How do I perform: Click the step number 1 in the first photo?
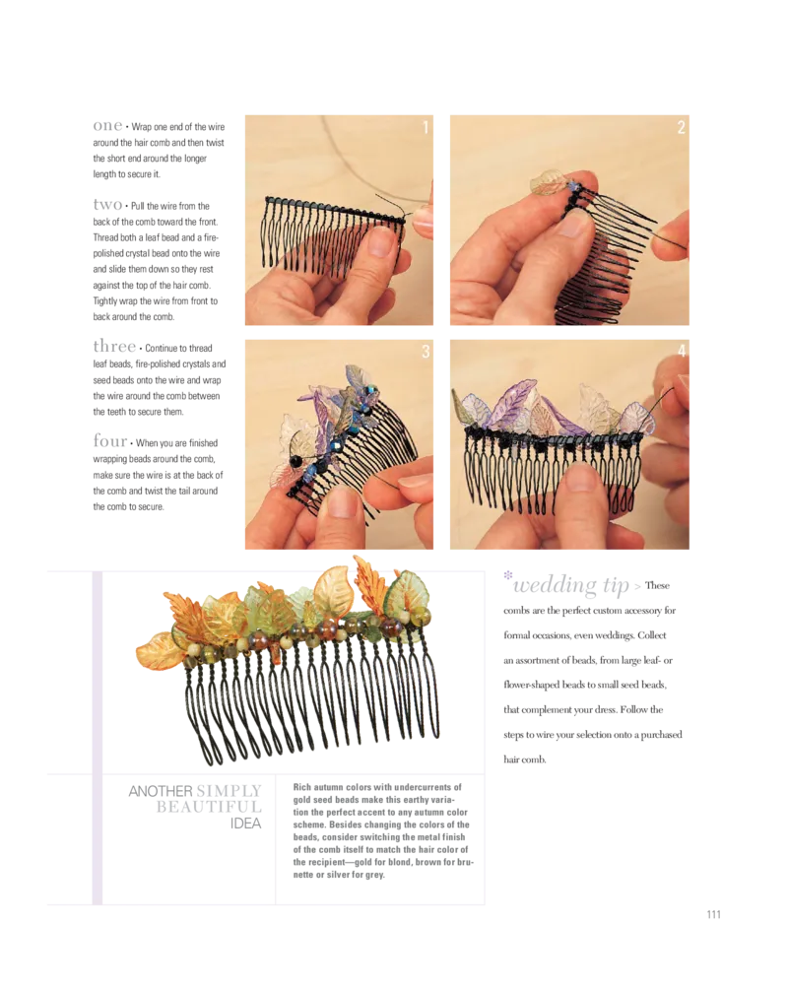426,127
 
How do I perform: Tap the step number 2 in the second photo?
681,127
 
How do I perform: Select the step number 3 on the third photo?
426,353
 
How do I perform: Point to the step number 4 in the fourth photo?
681,353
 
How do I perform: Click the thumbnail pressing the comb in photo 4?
581,480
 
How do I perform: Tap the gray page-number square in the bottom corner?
713,913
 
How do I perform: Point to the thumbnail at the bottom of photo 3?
340,502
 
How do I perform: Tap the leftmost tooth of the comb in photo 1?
269,236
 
